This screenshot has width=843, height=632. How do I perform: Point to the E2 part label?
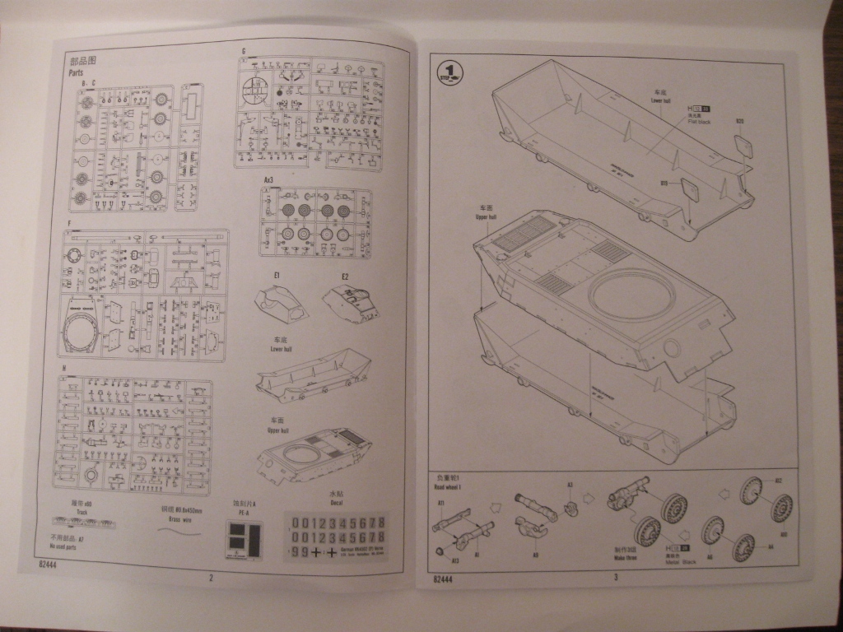tap(345, 275)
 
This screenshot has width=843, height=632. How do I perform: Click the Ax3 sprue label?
tap(268, 179)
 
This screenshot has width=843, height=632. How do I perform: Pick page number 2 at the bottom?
tap(211, 578)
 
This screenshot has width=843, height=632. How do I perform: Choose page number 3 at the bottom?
tap(615, 577)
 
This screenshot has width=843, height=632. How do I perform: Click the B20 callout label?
tap(739, 123)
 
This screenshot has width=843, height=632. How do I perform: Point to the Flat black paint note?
tap(700, 122)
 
